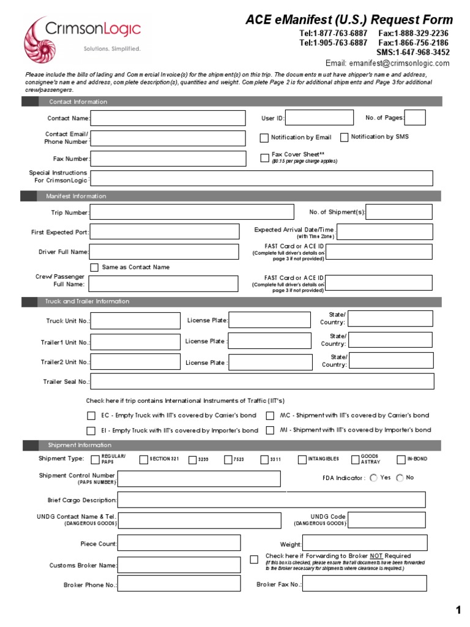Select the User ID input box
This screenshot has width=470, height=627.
319,118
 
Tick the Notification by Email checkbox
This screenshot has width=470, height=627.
264,138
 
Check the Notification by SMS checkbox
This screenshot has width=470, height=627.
344,137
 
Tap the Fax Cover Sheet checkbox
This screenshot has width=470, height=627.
264,157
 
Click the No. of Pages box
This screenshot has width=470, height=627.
415,118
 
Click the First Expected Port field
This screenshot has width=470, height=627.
165,232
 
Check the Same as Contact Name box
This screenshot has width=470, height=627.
94,268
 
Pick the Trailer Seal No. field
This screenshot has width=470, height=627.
262,381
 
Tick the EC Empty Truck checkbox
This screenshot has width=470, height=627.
91,416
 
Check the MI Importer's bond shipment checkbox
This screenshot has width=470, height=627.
270,430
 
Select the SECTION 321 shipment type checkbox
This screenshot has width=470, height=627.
143,460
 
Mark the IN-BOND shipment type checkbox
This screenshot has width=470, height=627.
401,460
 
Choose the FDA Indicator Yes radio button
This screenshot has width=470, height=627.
373,478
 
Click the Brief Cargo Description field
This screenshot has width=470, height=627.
271,500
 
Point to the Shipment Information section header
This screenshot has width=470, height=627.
80,445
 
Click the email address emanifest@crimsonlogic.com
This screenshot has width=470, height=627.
396,63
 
